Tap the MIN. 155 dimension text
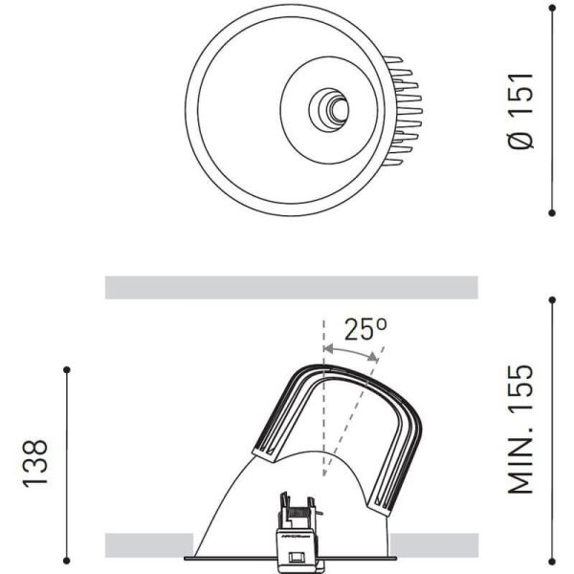coord(520,429)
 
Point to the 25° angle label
coord(365,330)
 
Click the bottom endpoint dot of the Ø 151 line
coord(553,212)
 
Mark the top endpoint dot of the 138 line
coord(67,369)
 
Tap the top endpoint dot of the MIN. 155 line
coord(553,299)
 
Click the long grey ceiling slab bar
coord(291,287)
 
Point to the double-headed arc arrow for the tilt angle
coord(351,354)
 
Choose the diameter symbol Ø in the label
coord(520,141)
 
